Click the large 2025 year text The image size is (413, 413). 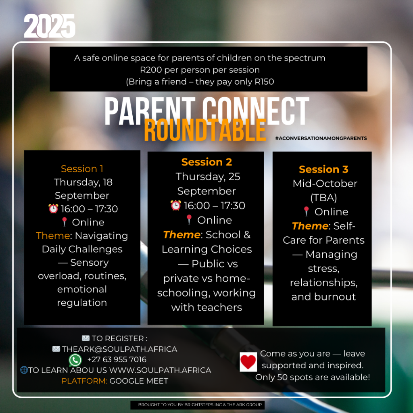(x=50, y=26)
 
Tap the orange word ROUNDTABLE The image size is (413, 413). (x=205, y=130)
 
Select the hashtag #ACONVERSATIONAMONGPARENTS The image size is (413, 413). (x=321, y=138)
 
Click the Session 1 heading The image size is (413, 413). (x=82, y=169)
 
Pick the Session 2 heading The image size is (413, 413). (x=206, y=162)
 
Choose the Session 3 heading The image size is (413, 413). (x=323, y=169)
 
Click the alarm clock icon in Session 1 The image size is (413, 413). (x=53, y=209)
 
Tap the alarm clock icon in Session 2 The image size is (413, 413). (x=176, y=205)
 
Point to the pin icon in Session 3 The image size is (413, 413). (x=306, y=211)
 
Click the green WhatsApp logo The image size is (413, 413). (x=75, y=360)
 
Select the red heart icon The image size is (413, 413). (x=248, y=362)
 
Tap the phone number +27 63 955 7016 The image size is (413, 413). (x=117, y=359)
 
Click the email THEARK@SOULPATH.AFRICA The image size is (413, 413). (x=119, y=349)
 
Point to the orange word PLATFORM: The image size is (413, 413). (x=84, y=381)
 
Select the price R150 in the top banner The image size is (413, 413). (x=264, y=81)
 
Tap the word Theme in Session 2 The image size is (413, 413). (x=182, y=235)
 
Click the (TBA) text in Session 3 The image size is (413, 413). (x=323, y=198)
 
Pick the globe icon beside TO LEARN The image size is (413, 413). (x=24, y=370)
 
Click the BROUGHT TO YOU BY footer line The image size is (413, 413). (x=200, y=405)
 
